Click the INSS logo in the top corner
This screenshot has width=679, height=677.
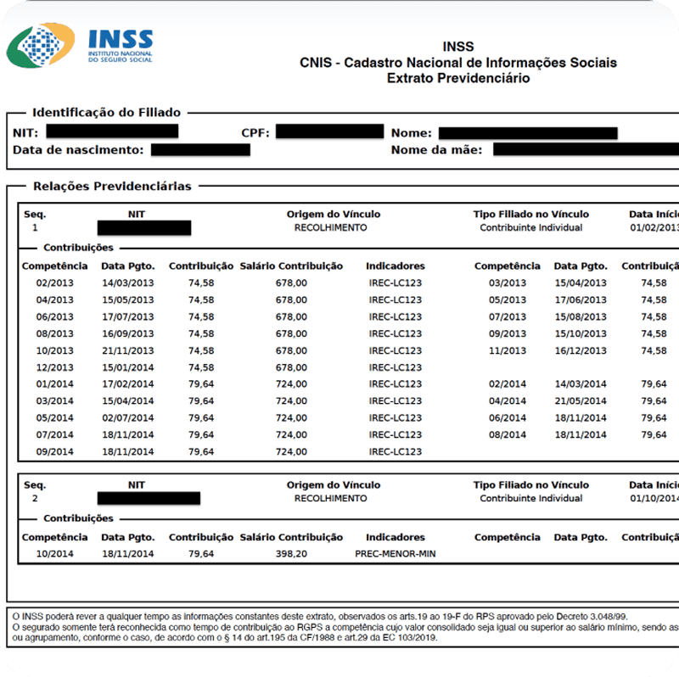[x=81, y=46]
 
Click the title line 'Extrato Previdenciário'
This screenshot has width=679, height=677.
[x=457, y=78]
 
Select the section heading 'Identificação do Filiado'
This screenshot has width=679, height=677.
[x=106, y=112]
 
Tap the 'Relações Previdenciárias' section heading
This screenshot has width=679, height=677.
[x=112, y=186]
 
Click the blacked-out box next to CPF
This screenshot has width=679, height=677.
[x=329, y=131]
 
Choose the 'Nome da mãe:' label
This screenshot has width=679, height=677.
[x=436, y=150]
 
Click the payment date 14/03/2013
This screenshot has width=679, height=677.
[x=127, y=283]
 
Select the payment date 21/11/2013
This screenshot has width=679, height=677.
[x=127, y=350]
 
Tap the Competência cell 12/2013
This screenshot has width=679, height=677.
[x=54, y=367]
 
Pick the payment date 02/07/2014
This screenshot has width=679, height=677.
[x=127, y=418]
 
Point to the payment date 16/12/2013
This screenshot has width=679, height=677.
[x=581, y=350]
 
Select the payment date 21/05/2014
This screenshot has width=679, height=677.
[x=581, y=401]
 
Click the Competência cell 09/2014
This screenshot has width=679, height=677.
[x=54, y=451]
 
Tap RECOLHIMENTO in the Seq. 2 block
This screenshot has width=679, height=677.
[x=330, y=499]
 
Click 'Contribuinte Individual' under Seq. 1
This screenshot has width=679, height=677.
[x=530, y=227]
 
